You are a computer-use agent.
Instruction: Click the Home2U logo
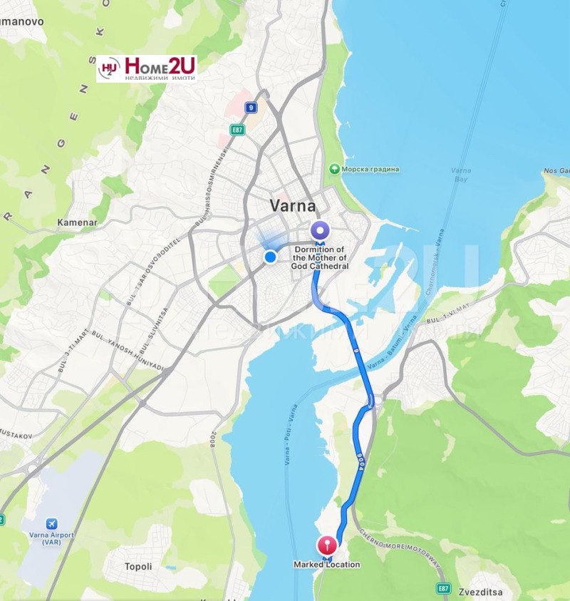[x=146, y=68]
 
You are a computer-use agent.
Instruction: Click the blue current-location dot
[x=270, y=257]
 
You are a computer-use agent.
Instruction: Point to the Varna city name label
[x=292, y=206]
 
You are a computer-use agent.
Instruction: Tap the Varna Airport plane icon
[x=50, y=524]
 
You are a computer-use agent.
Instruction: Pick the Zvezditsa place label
[x=502, y=592]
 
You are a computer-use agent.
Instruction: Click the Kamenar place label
[x=76, y=222]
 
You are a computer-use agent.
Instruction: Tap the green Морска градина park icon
[x=333, y=169]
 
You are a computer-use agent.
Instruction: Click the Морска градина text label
[x=370, y=169]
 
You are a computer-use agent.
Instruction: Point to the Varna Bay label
[x=461, y=175]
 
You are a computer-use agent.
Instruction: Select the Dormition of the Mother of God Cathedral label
[x=320, y=257]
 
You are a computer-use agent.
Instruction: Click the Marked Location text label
[x=326, y=565]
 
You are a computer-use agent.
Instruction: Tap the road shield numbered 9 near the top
[x=250, y=108]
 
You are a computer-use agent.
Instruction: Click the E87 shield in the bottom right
[x=444, y=587]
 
